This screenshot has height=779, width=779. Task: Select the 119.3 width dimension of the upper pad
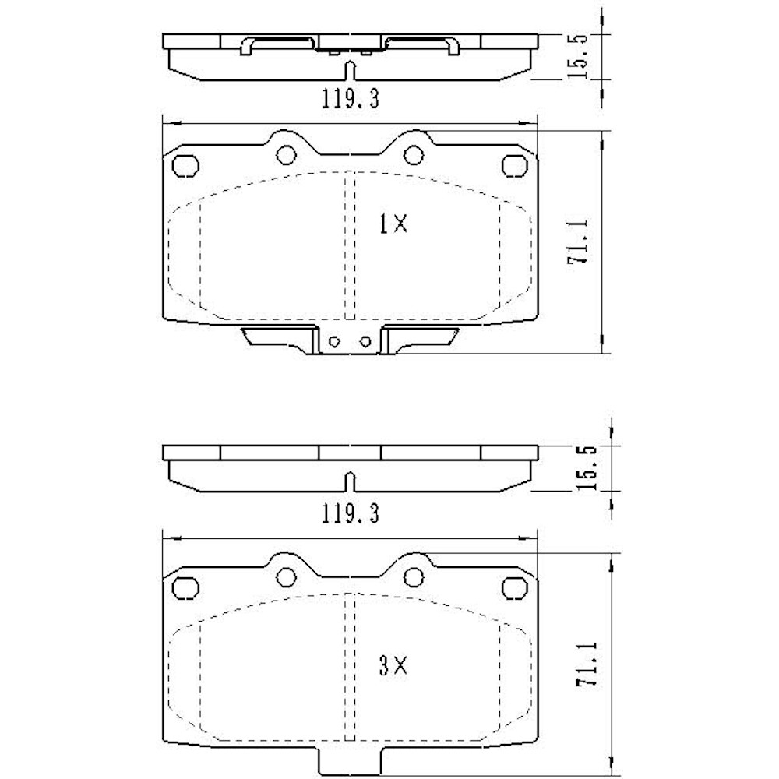(351, 99)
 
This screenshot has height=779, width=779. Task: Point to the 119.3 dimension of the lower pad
(351, 513)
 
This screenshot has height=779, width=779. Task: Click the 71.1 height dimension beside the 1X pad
(581, 242)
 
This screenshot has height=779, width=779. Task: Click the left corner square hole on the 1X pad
(184, 165)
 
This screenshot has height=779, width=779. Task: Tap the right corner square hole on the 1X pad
(514, 165)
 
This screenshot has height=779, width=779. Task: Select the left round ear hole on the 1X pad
(286, 154)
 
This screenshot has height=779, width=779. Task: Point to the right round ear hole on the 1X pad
(413, 154)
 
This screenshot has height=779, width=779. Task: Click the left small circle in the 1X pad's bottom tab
(334, 341)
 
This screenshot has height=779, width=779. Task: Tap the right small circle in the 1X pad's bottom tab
(365, 341)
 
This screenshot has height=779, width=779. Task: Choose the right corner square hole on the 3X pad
(514, 587)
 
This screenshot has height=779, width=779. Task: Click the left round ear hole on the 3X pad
(286, 576)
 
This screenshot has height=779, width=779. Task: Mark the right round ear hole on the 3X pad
(413, 576)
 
